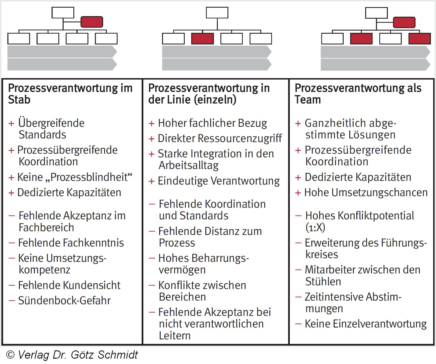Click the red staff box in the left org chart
(x=92, y=22)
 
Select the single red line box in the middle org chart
(x=203, y=38)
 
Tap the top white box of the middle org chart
(x=217, y=12)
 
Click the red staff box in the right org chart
(x=404, y=22)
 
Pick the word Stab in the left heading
(x=19, y=100)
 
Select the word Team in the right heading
(x=308, y=100)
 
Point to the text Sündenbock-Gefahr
(x=64, y=301)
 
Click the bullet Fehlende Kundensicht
(x=69, y=285)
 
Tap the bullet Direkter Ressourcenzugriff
(x=220, y=138)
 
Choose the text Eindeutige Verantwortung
(x=219, y=181)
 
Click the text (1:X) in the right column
(x=315, y=228)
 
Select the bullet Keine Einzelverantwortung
(x=365, y=324)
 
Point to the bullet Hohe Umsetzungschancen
(x=366, y=193)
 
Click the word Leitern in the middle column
(x=175, y=336)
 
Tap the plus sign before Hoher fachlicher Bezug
(x=152, y=124)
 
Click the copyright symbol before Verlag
(x=10, y=355)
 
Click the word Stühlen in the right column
(x=323, y=282)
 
